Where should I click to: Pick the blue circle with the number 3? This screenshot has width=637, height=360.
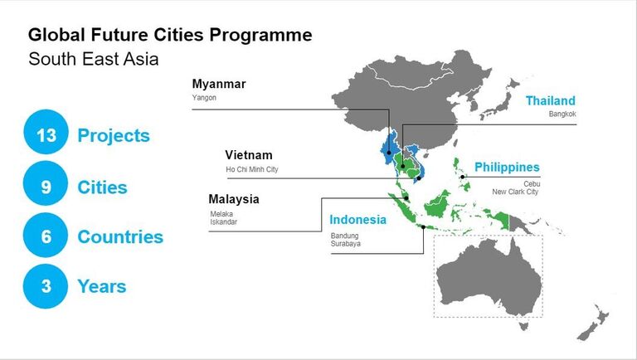pyautogui.click(x=46, y=286)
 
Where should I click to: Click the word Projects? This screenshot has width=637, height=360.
pyautogui.click(x=114, y=136)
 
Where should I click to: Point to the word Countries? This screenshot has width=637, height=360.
pyautogui.click(x=120, y=237)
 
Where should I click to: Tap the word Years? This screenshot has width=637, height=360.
pyautogui.click(x=101, y=286)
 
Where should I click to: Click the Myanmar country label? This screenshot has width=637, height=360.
pyautogui.click(x=219, y=84)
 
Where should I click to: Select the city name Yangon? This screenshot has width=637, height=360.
pyautogui.click(x=204, y=98)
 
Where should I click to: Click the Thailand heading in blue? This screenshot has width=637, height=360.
pyautogui.click(x=551, y=100)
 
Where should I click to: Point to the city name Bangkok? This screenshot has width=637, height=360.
pyautogui.click(x=562, y=114)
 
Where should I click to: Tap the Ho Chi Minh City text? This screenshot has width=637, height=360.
pyautogui.click(x=252, y=169)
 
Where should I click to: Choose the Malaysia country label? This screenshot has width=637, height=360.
pyautogui.click(x=234, y=199)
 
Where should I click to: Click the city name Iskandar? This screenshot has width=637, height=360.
pyautogui.click(x=223, y=221)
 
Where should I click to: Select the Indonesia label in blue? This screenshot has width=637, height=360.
pyautogui.click(x=358, y=220)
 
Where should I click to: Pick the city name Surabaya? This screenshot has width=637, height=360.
pyautogui.click(x=345, y=244)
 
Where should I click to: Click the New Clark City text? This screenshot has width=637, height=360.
pyautogui.click(x=515, y=192)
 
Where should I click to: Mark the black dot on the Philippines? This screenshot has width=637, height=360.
pyautogui.click(x=462, y=177)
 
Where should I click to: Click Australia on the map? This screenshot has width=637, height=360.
pyautogui.click(x=489, y=277)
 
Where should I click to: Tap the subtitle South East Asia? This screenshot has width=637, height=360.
pyautogui.click(x=94, y=59)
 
